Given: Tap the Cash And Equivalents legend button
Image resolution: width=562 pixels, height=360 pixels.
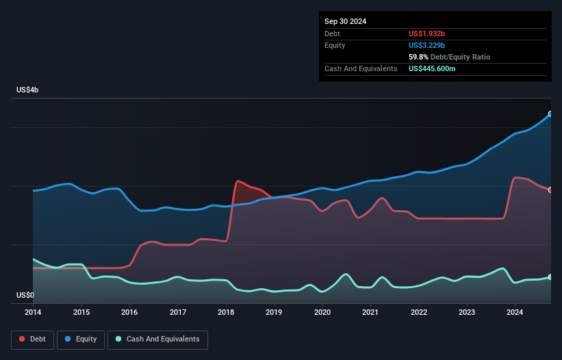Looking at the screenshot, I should click(157, 339).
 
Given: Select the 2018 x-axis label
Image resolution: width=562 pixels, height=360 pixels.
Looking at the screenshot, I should click(226, 312).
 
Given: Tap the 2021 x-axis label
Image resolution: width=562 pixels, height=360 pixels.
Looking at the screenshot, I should click(370, 312).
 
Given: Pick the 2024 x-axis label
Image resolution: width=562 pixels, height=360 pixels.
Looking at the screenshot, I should click(515, 312).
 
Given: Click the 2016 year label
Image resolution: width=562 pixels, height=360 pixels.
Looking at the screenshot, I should click(129, 312).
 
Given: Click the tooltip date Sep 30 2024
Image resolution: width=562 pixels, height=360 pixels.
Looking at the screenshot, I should click(345, 21).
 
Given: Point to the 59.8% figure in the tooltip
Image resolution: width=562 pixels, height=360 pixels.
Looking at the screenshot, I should click(419, 57).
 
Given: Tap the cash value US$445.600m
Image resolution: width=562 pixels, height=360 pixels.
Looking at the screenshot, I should click(442, 68).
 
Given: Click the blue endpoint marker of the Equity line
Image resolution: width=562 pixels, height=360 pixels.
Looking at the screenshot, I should click(550, 114).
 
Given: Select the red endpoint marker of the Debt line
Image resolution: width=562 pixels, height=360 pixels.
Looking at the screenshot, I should click(550, 190).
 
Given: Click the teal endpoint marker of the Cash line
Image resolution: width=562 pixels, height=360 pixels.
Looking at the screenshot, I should click(550, 277).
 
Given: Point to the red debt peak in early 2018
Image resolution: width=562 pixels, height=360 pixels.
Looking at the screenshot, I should click(238, 181).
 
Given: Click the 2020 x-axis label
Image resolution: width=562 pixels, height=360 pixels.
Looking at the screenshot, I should click(322, 312).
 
